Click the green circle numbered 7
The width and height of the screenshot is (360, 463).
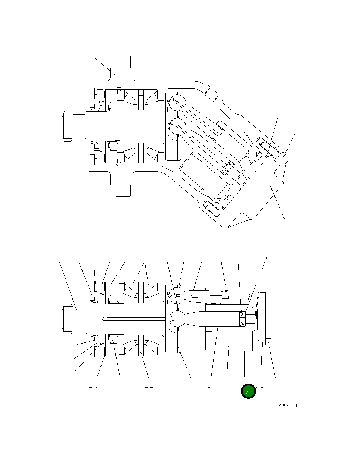[x=248, y=391]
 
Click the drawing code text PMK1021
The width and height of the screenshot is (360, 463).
[x=291, y=406]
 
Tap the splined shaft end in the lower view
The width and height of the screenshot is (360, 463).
[x=68, y=319]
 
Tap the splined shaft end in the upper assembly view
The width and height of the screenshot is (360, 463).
[x=68, y=126]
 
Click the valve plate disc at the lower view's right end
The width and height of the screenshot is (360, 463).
[x=262, y=319]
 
